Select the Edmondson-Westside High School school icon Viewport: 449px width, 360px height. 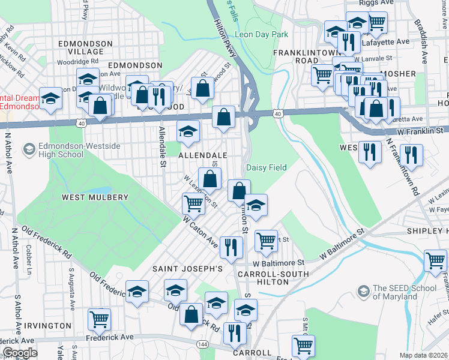click(28, 149)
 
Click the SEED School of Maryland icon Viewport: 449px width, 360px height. click(363, 292)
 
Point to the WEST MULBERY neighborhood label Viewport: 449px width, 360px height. click(95, 197)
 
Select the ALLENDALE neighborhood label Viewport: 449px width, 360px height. click(203, 155)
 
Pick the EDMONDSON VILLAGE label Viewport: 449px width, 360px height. click(85, 48)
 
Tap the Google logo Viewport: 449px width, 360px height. click(20, 353)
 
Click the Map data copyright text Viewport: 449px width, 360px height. click(424, 355)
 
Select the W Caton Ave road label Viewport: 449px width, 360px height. click(200, 233)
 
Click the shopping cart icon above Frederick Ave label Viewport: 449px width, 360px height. click(99, 319)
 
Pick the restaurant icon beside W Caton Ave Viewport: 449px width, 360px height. click(231, 245)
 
